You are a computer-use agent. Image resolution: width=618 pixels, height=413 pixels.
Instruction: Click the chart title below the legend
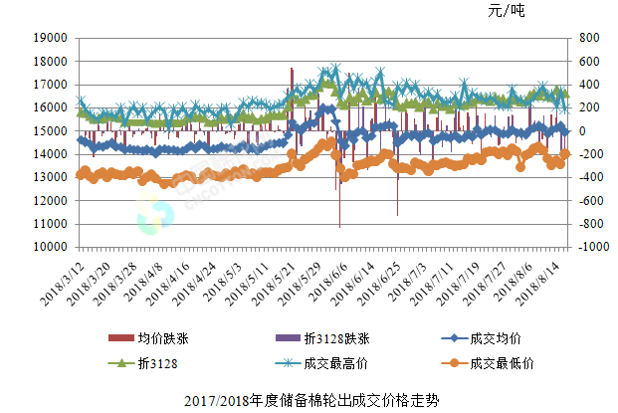310,400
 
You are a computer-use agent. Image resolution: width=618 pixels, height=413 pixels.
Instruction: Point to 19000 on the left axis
50,38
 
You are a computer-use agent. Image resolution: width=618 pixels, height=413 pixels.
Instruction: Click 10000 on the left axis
50,247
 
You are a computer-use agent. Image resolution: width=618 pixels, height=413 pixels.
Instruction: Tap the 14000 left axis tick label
50,154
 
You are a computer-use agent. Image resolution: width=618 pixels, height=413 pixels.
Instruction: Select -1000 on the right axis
581,247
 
